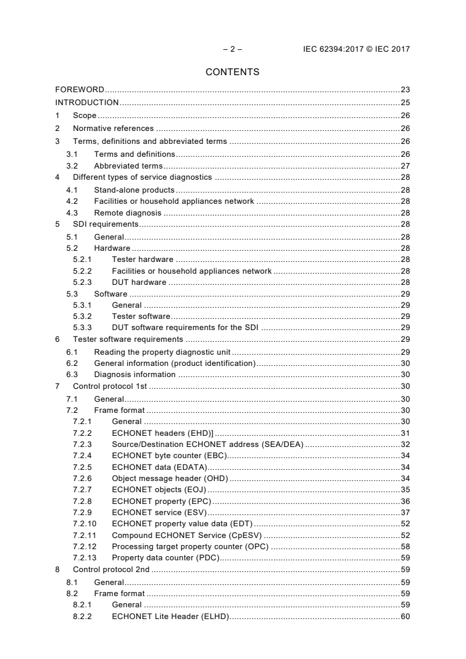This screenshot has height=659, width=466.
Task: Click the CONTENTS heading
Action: (232, 72)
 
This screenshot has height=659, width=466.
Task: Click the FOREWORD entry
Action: (79, 90)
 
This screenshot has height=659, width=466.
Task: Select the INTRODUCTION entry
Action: (86, 102)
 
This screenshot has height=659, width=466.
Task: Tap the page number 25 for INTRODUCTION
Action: (405, 102)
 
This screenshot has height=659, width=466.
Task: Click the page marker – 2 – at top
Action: (232, 49)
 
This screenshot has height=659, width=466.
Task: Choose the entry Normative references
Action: (113, 128)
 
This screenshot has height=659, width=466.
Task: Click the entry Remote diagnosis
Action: (128, 213)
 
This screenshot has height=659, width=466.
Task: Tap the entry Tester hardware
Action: (142, 260)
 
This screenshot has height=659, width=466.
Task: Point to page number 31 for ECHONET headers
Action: (405, 433)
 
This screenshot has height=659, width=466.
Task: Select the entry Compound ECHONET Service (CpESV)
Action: (187, 535)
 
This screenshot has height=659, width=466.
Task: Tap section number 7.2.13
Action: (85, 557)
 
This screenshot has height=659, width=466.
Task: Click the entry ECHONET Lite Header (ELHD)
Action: (170, 616)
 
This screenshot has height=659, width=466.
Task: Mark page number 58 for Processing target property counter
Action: (405, 546)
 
